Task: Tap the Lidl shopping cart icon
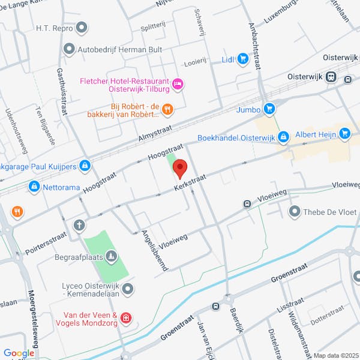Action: [x=243, y=58]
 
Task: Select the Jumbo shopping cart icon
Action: [x=269, y=109]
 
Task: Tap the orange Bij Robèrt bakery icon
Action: [x=168, y=109]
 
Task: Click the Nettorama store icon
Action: [x=34, y=187]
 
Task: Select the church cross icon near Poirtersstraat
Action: [x=79, y=225]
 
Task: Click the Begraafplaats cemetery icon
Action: [x=111, y=257]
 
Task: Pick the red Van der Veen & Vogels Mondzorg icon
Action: [x=125, y=317]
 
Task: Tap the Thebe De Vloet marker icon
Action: [x=295, y=211]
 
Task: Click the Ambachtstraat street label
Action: [x=256, y=47]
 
